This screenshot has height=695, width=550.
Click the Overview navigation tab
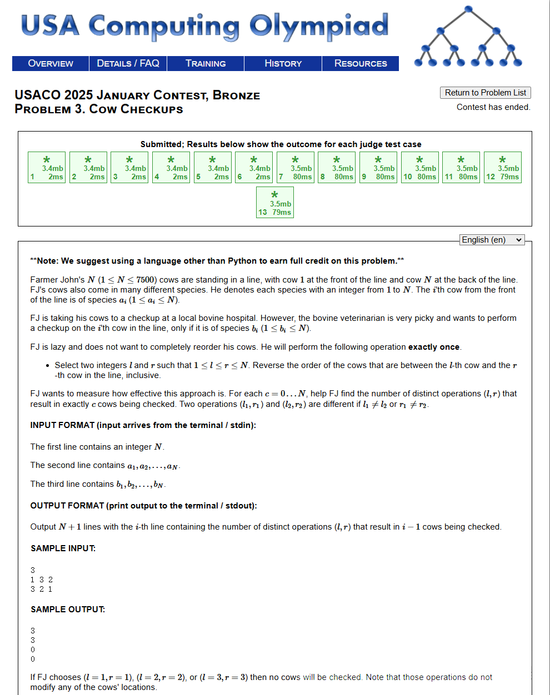(x=51, y=63)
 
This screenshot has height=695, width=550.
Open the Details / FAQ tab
(x=128, y=63)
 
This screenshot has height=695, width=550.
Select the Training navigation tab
(x=206, y=63)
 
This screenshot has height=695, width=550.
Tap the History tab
(x=283, y=63)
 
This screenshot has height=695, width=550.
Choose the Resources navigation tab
(x=361, y=63)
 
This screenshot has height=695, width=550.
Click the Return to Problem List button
(x=485, y=93)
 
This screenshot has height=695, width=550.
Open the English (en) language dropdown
(x=492, y=240)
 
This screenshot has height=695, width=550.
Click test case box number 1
(x=47, y=168)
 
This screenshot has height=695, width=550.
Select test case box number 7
(x=296, y=168)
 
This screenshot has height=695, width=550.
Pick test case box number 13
(x=275, y=203)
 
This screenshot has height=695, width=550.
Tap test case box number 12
(x=503, y=168)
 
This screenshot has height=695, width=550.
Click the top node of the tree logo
(x=468, y=9)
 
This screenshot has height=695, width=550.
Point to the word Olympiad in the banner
(x=318, y=26)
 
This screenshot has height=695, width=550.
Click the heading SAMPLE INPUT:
(x=63, y=548)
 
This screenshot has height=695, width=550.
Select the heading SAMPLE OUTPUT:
(x=68, y=610)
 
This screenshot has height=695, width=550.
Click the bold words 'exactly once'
(x=434, y=347)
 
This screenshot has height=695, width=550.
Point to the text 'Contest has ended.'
(x=493, y=107)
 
